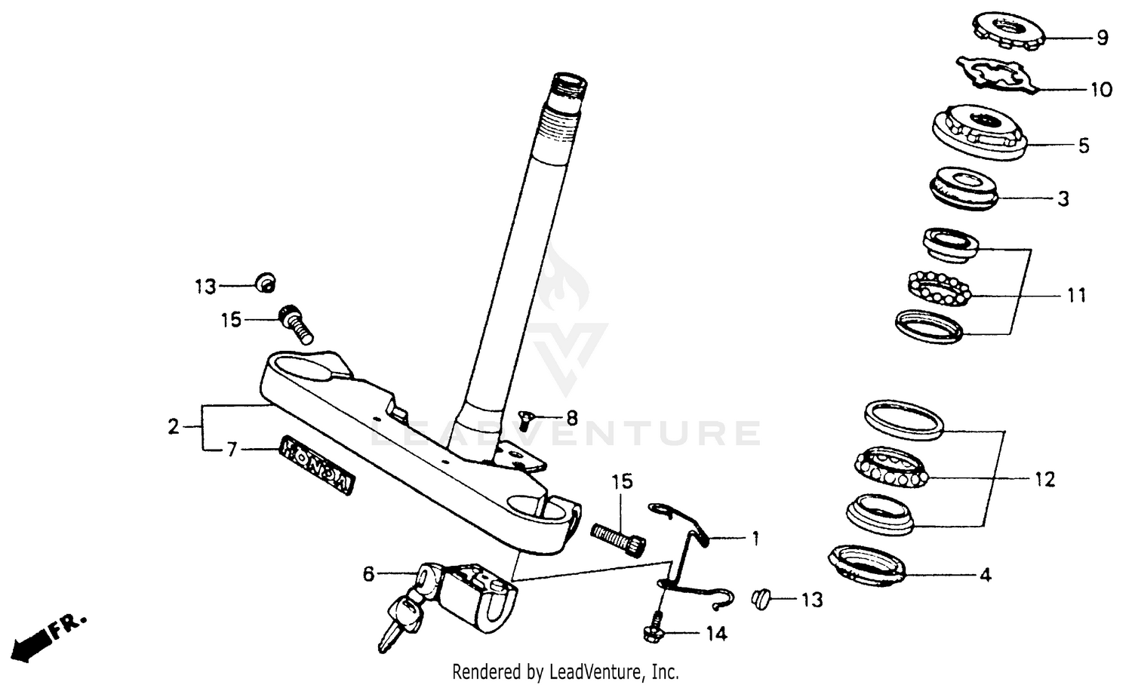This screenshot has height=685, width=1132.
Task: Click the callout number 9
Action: click(1103, 37)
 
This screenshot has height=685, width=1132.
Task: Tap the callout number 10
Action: click(1101, 90)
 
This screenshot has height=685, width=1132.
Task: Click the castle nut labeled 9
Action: click(1005, 34)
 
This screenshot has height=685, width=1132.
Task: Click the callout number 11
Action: click(1077, 295)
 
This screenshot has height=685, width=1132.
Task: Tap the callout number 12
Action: click(1044, 479)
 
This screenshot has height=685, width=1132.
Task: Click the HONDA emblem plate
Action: click(317, 465)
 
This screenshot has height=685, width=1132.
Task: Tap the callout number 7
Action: click(232, 450)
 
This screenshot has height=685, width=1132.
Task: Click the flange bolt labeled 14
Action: click(654, 632)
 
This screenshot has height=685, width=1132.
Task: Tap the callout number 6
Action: click(368, 575)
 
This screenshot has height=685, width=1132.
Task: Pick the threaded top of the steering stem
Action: click(561, 106)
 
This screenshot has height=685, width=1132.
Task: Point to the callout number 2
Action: click(174, 427)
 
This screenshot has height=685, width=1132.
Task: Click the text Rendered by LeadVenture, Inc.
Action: click(565, 671)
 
